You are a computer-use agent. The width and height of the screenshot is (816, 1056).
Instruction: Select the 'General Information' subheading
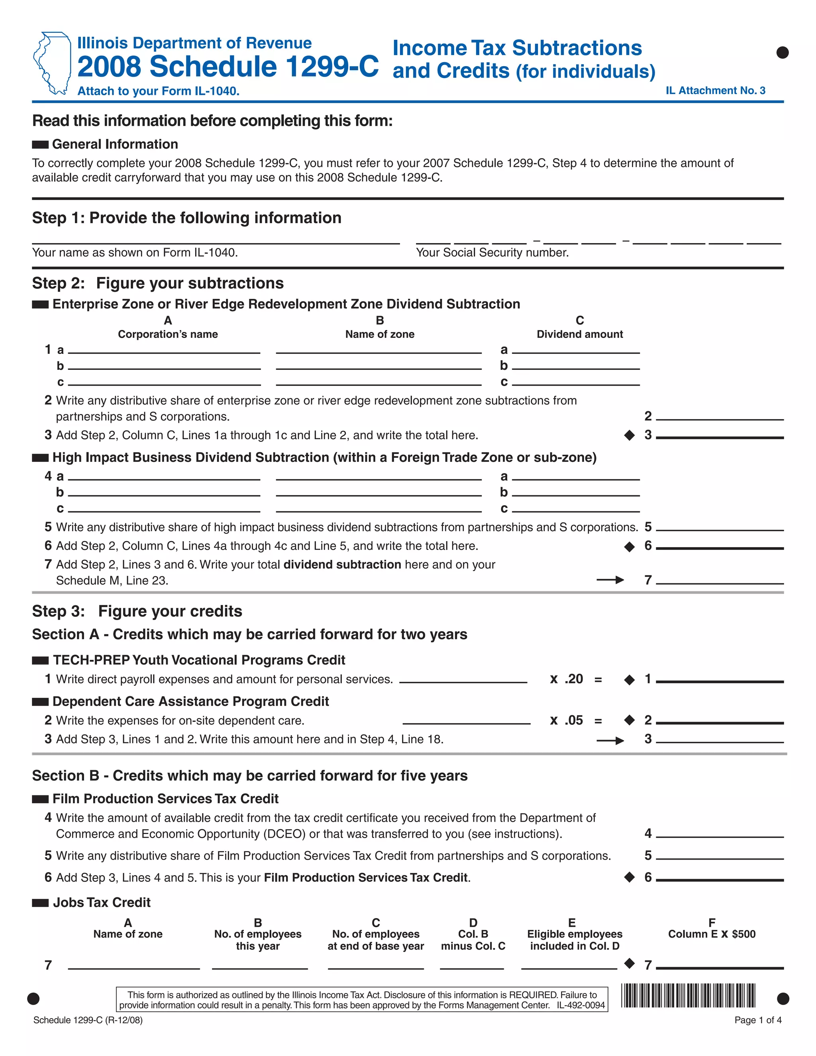point(115,144)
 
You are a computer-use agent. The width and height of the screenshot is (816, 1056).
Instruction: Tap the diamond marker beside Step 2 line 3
point(629,435)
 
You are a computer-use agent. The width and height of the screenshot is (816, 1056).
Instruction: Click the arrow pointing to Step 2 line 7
point(610,580)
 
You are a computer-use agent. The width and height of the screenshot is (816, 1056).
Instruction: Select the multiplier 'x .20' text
point(567,679)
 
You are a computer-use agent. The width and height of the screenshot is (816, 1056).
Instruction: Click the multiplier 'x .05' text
point(567,720)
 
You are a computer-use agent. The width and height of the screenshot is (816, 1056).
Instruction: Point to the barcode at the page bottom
point(688,995)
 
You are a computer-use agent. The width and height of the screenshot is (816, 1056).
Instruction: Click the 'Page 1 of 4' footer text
point(757,1020)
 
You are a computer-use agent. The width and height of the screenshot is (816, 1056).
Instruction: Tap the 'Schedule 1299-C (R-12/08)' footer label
point(88,1020)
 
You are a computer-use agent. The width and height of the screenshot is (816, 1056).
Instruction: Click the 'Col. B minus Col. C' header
point(473,940)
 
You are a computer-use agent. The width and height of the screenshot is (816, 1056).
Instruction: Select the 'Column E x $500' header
point(711,934)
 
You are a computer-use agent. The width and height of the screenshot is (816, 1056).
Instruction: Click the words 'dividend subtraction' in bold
point(342,564)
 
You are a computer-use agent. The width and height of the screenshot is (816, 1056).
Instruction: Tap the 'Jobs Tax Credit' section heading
point(102,902)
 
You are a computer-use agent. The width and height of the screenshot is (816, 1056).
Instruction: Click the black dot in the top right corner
point(782,52)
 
